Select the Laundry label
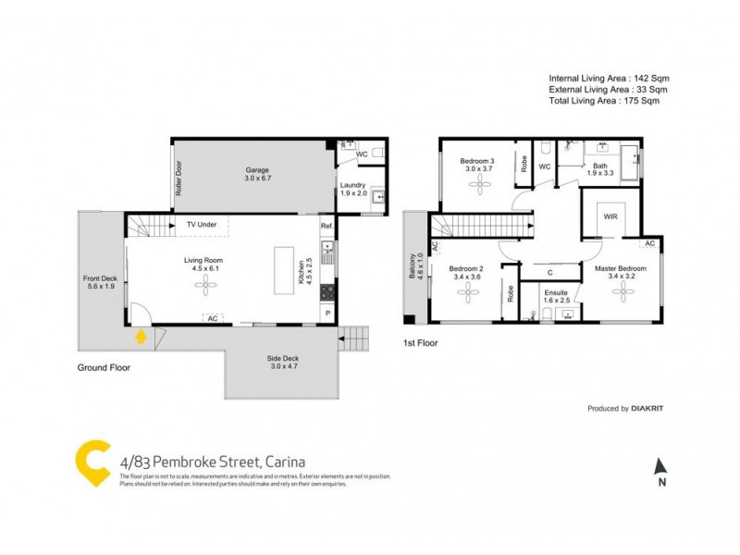(x=353, y=189)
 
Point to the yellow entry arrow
(x=141, y=336)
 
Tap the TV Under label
(x=202, y=225)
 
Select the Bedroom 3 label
(x=478, y=165)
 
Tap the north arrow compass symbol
(x=660, y=469)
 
